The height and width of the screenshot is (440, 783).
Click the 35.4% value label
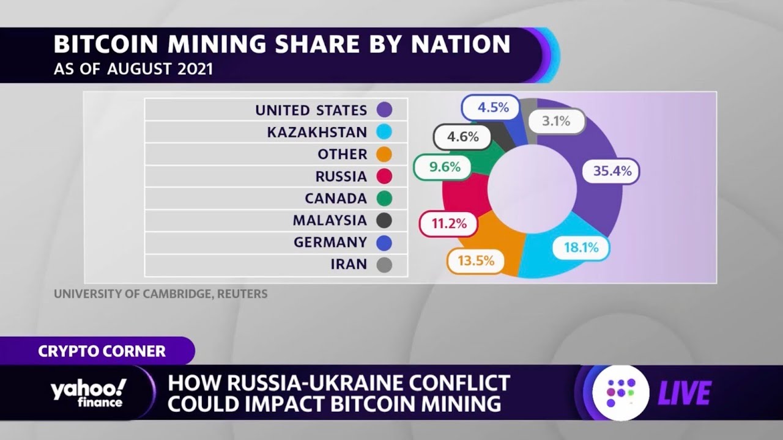coord(612,172)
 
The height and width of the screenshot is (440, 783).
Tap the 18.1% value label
coord(581,248)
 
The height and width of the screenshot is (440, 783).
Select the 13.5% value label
coord(475,262)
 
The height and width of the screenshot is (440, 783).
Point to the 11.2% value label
coord(448,224)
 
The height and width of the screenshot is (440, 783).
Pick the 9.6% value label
coord(444,167)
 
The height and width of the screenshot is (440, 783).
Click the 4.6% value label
coord(462,137)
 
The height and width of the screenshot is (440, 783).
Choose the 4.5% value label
coord(493,108)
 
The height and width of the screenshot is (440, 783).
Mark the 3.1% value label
coord(555,121)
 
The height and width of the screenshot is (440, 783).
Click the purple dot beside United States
coord(384,110)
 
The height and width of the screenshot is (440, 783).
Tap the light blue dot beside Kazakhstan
coord(384,132)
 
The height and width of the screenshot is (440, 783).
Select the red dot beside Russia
coord(384,177)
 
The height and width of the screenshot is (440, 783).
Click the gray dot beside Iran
coord(384,265)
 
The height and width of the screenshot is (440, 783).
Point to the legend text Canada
coord(336,199)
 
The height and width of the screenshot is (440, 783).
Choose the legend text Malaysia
coord(330,221)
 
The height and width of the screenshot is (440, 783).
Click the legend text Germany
coord(330,243)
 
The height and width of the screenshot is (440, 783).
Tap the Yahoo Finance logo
coord(88,392)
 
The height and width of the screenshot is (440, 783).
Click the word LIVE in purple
coord(685,393)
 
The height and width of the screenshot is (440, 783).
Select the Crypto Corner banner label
coord(102,351)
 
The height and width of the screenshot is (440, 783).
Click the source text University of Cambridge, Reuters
coord(160,294)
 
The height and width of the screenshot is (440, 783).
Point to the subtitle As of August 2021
coord(133,69)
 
